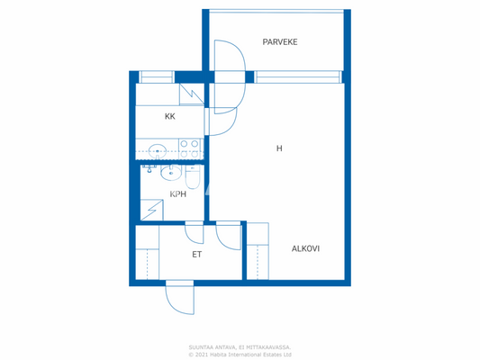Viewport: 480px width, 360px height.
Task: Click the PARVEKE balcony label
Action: [x=280, y=42]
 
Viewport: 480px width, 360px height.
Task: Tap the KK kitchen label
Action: [x=169, y=117]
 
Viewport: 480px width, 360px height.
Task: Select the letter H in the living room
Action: [x=279, y=148]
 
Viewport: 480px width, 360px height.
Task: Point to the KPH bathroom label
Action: [x=178, y=193]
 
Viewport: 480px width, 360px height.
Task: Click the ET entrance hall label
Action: [x=196, y=255]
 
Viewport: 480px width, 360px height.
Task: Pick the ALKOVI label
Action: [x=305, y=248]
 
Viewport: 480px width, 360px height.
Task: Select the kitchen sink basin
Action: [x=157, y=150]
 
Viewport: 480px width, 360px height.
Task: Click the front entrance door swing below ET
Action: [x=180, y=298]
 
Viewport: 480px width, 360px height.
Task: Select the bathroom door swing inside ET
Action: [x=194, y=232]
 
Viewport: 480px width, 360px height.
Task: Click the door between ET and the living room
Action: [x=228, y=235]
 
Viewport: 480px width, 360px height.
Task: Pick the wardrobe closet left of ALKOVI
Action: [x=258, y=252]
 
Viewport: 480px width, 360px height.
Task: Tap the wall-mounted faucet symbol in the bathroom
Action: [x=149, y=168]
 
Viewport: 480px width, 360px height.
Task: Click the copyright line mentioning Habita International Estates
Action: [x=240, y=354]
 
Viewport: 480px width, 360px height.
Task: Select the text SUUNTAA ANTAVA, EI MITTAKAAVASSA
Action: [x=240, y=346]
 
